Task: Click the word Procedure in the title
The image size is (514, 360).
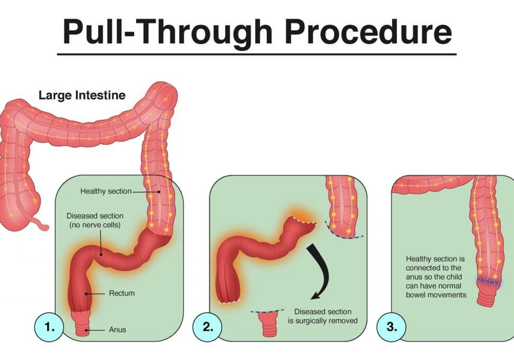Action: point(369,32)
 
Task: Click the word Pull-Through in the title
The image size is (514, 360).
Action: point(168,32)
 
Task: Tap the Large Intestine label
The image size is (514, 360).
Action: point(82,96)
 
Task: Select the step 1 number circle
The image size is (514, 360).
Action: point(49,327)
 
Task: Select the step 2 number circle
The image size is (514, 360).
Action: point(207,327)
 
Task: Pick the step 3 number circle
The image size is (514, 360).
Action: point(391,327)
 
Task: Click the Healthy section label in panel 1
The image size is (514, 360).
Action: point(106,191)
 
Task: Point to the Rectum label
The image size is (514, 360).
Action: point(122,293)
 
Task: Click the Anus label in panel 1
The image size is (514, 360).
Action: point(117,330)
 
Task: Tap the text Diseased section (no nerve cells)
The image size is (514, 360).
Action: point(95,220)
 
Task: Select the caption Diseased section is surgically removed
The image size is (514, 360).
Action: point(323,316)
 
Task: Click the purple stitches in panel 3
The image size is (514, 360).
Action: point(489,282)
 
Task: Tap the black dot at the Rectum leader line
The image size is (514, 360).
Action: point(86,294)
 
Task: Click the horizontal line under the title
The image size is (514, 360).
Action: point(256,54)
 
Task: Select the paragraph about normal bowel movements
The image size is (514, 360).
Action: point(436,277)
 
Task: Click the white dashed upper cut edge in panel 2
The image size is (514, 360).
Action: point(303,220)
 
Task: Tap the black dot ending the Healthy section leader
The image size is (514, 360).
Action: point(159,192)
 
